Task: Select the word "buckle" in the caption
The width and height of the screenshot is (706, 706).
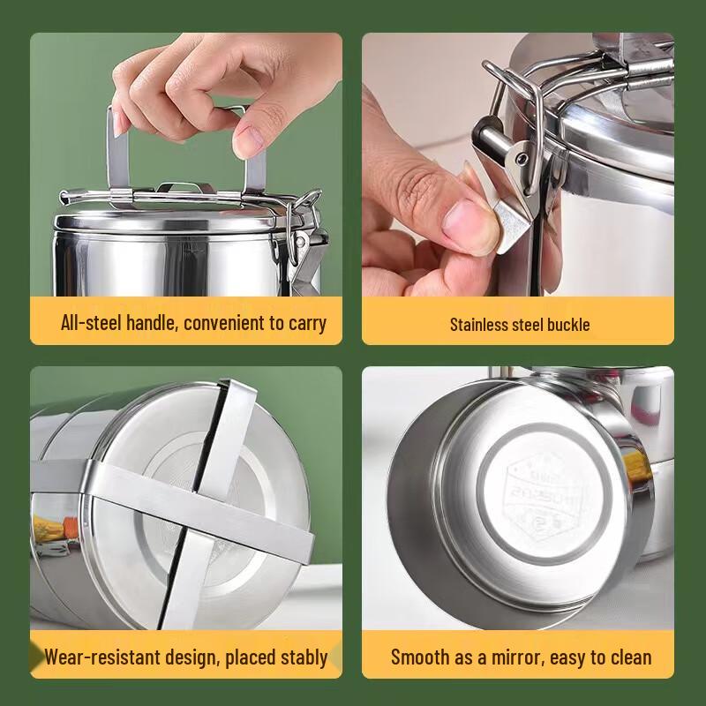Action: (x=565, y=325)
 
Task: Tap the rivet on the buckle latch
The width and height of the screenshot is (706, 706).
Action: (x=522, y=159)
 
